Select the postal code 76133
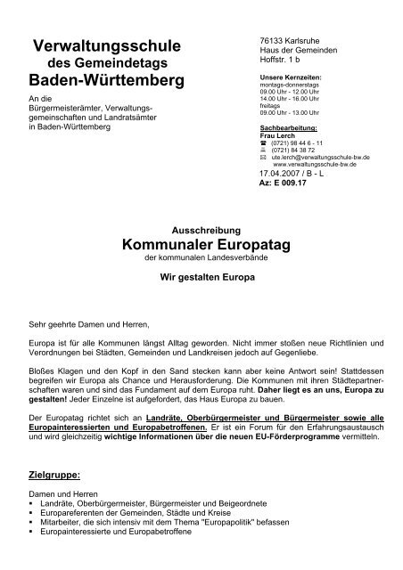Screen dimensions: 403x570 click(259, 42)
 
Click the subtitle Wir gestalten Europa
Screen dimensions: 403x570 click(201, 278)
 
